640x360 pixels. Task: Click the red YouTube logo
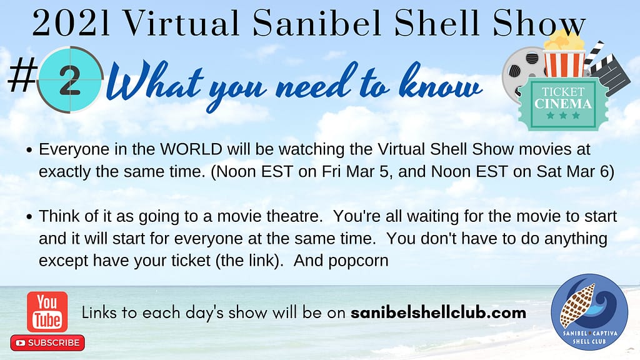pos(47,311)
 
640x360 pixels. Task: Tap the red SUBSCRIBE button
pos(47,343)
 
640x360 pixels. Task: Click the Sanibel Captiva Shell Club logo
pos(589,312)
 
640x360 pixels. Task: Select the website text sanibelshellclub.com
pos(438,312)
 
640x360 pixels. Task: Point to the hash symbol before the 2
pos(22,75)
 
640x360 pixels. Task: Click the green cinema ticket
pos(564,103)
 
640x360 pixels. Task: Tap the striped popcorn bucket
pos(565,56)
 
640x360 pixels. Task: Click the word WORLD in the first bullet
pos(191,149)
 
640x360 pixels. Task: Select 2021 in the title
pos(71,23)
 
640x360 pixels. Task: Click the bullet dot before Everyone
pos(29,150)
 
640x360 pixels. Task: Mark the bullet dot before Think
pos(29,217)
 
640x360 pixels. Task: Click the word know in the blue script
pos(441,82)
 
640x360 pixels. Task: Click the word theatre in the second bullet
pos(294,216)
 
